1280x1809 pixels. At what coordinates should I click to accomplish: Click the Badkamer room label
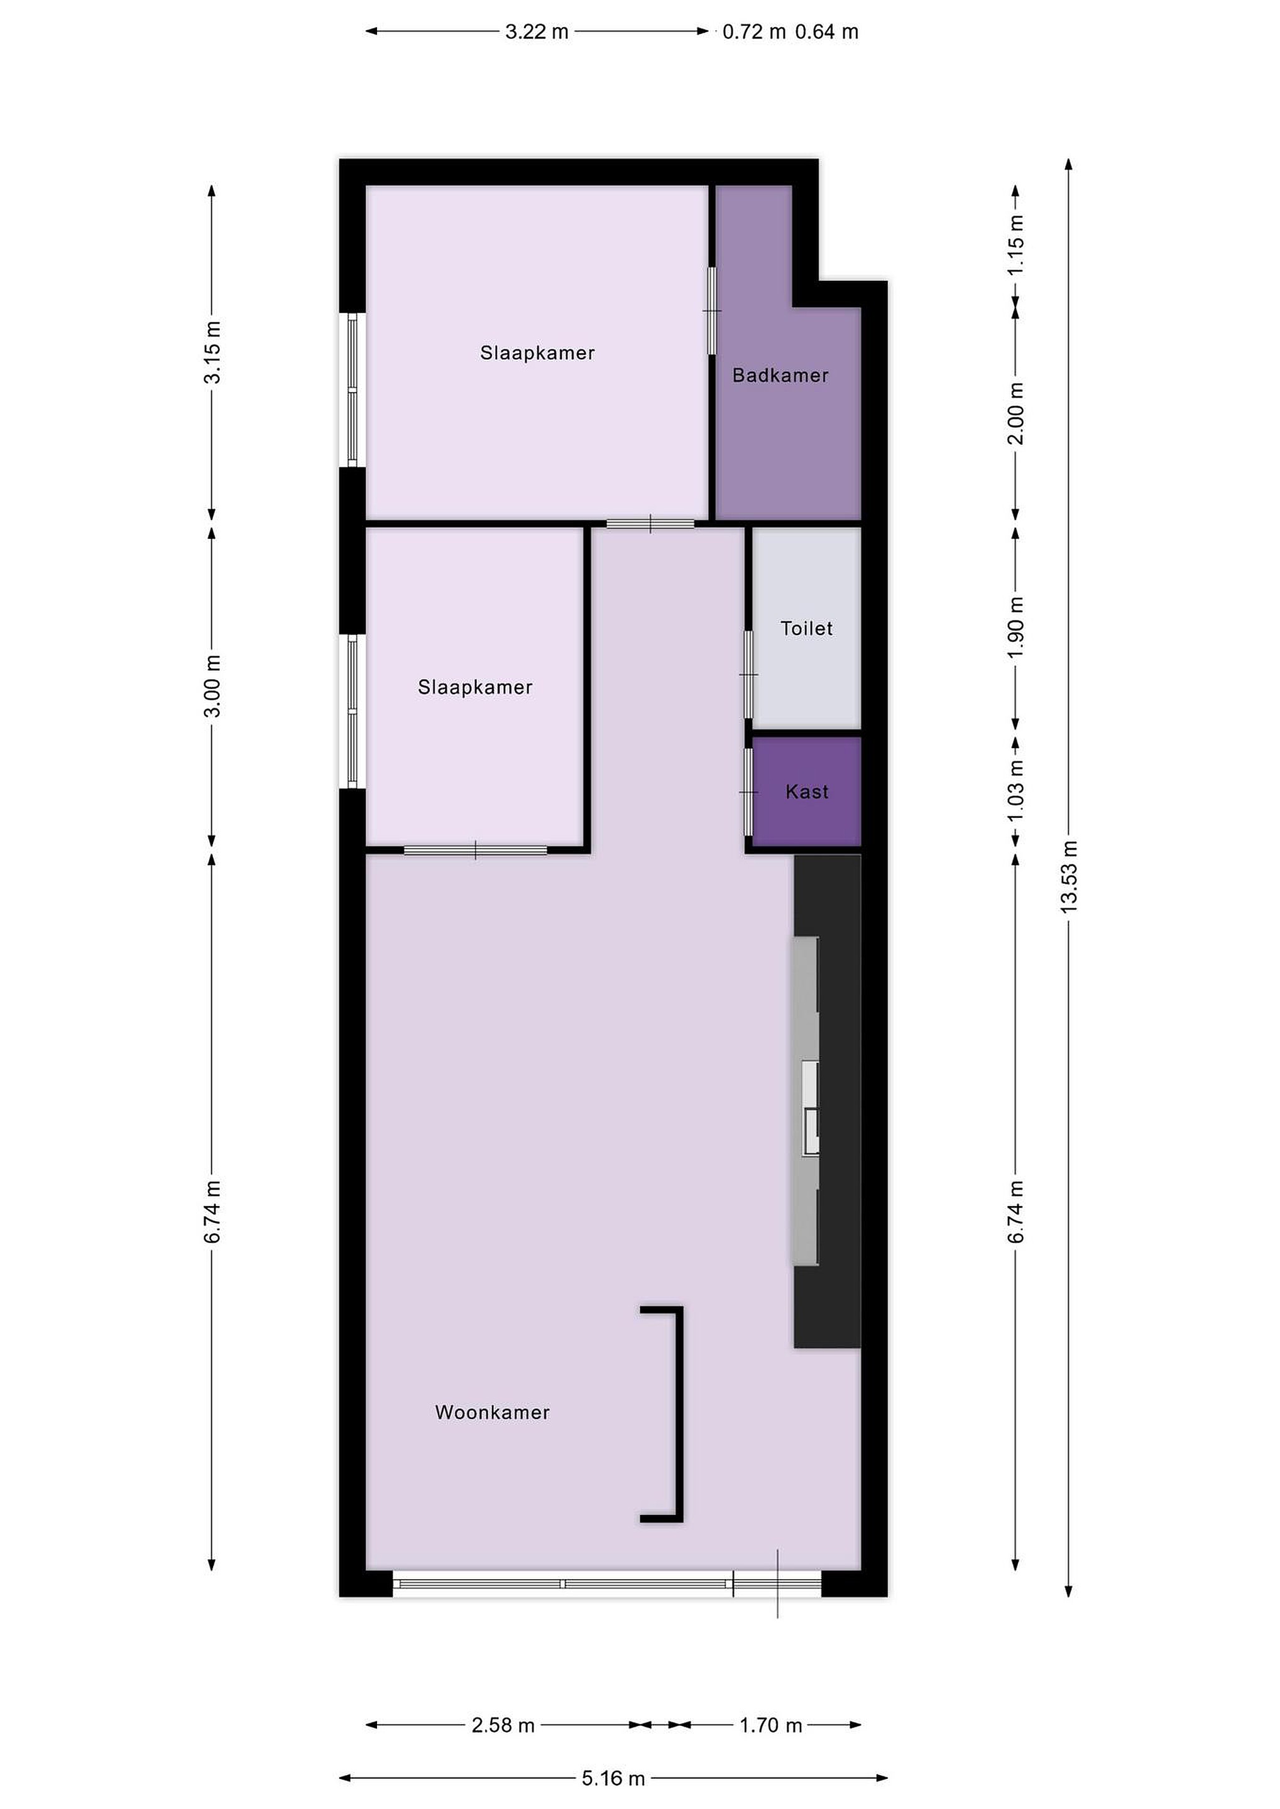tap(780, 375)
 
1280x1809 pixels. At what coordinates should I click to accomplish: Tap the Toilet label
tap(806, 628)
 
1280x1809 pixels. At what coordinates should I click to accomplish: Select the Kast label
tap(807, 792)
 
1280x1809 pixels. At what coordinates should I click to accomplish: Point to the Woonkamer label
tap(493, 1412)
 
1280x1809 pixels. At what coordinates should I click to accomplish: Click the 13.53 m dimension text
tap(1068, 877)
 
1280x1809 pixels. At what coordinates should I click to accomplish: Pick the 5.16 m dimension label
tap(613, 1778)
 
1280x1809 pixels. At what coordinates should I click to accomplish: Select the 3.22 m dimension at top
tap(537, 31)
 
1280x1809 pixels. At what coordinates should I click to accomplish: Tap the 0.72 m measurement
tap(754, 31)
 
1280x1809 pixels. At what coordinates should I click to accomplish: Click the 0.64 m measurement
tap(827, 31)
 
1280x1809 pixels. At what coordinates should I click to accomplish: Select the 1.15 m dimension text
tap(1016, 245)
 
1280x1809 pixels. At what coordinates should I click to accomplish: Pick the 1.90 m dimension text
tap(1016, 627)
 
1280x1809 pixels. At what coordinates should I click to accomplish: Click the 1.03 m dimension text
tap(1016, 790)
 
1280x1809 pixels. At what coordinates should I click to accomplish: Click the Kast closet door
tap(748, 792)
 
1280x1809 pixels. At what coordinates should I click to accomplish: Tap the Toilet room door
tap(748, 675)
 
